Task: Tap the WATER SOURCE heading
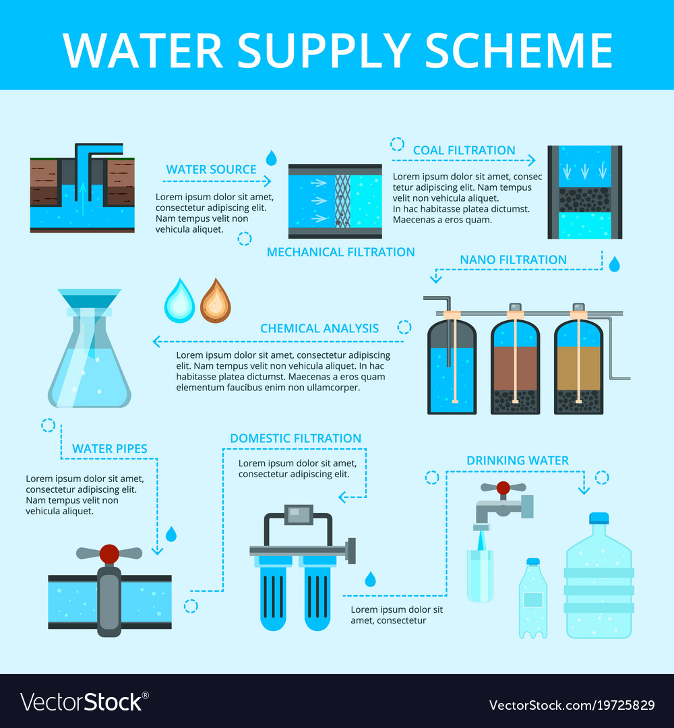(x=211, y=169)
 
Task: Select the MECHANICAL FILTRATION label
(x=340, y=252)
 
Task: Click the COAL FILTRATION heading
(x=464, y=150)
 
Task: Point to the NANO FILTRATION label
(x=513, y=260)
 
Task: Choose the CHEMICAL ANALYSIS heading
(x=319, y=328)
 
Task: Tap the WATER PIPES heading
(x=109, y=448)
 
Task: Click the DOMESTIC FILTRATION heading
(x=295, y=438)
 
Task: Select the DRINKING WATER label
(x=517, y=460)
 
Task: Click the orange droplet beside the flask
(x=215, y=301)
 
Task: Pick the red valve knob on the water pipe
(x=109, y=554)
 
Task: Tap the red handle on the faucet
(x=503, y=487)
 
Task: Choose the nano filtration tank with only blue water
(x=452, y=367)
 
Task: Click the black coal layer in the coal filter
(x=584, y=200)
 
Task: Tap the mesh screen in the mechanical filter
(x=342, y=201)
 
